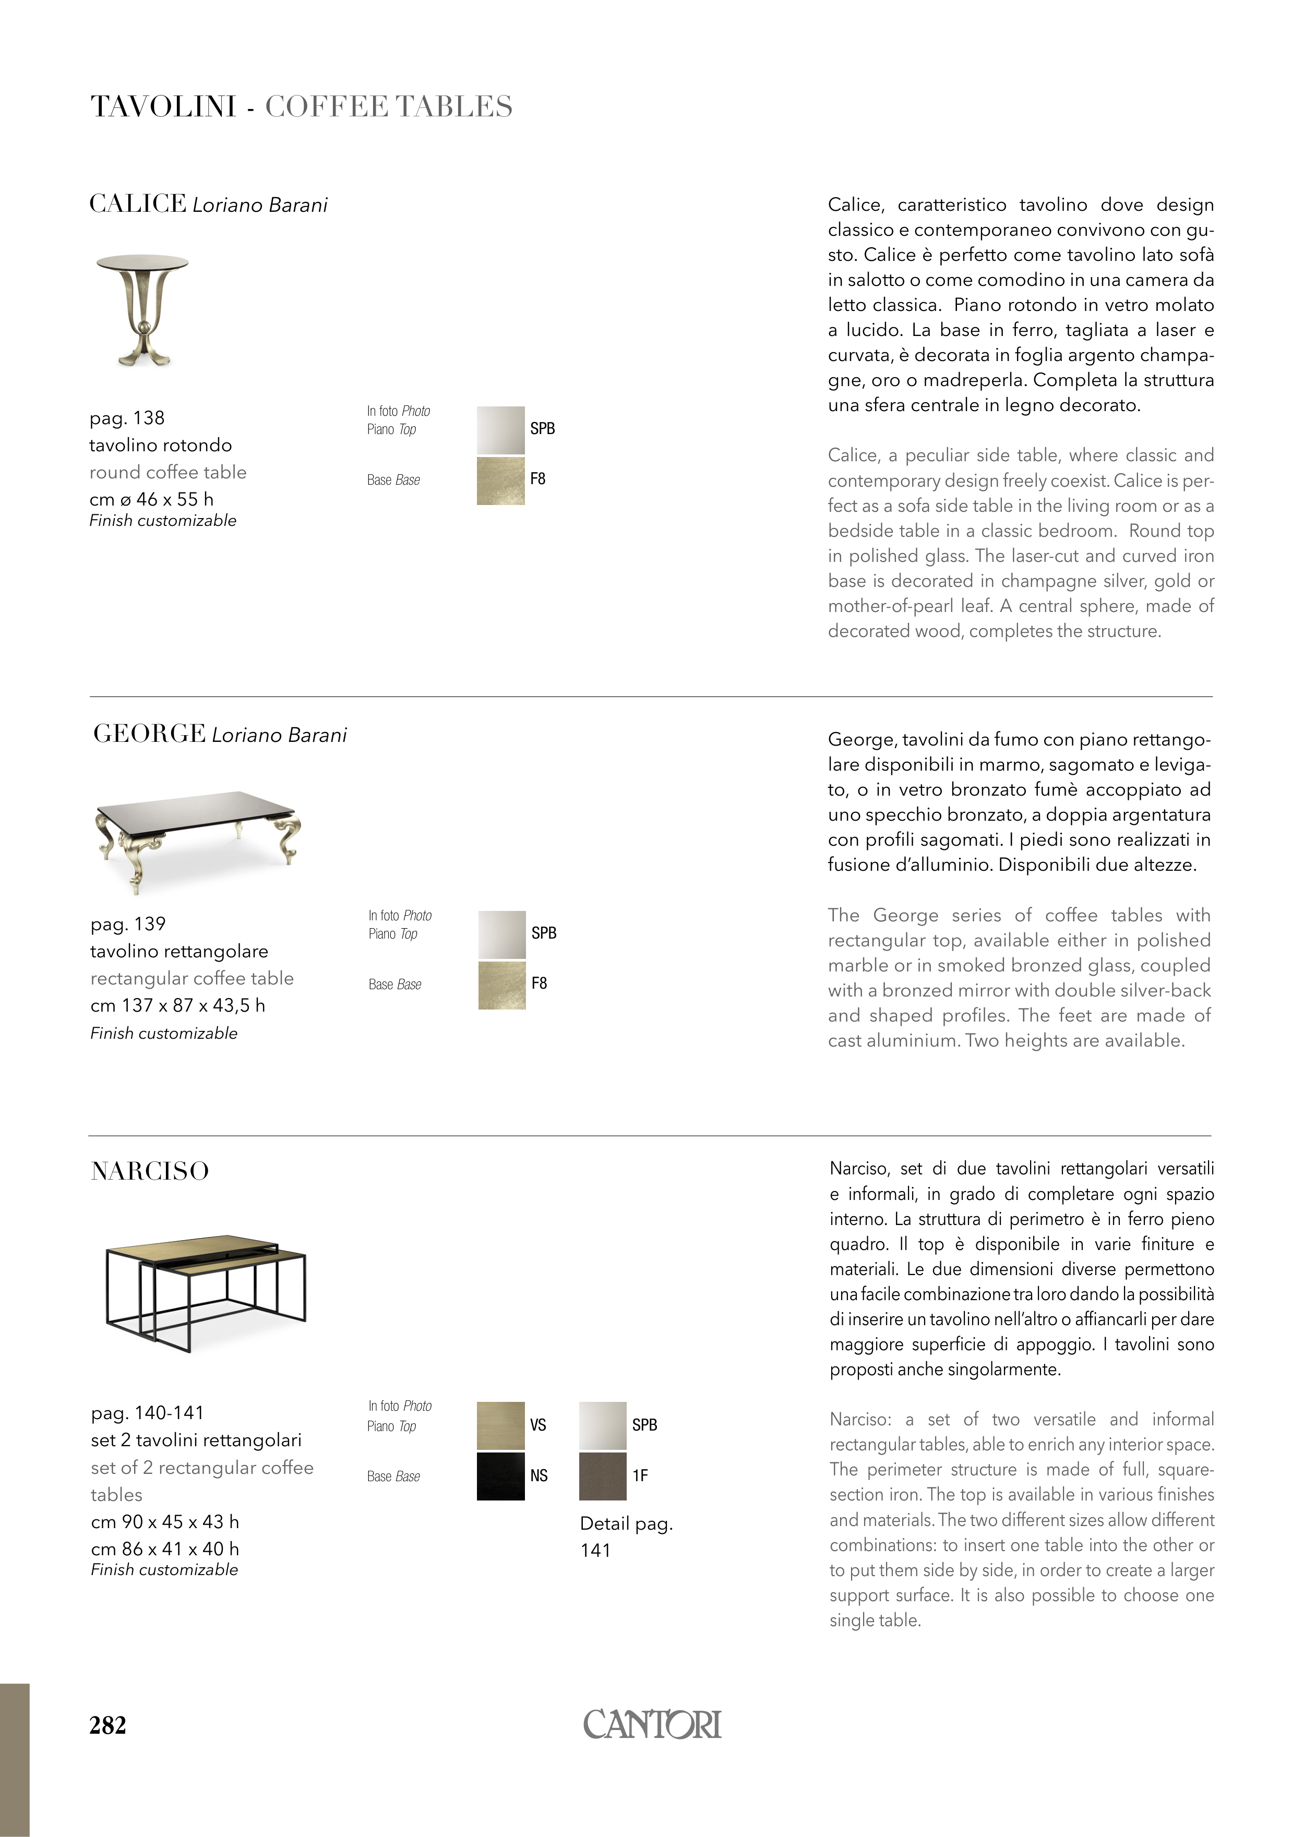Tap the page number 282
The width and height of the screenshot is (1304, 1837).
(x=107, y=1725)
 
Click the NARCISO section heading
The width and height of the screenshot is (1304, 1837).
(x=150, y=1171)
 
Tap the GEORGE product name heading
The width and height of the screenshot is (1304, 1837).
(x=149, y=734)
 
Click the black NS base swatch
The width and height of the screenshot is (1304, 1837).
(x=500, y=1475)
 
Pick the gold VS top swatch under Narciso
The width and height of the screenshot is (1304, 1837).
(x=500, y=1425)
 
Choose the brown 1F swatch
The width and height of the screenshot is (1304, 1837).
(x=602, y=1475)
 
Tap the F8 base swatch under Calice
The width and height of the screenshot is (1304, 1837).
(x=500, y=480)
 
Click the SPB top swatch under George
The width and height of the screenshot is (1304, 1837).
(x=502, y=934)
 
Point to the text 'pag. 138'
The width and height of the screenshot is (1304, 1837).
(x=127, y=417)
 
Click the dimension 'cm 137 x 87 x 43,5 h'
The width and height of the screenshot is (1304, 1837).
(x=177, y=1005)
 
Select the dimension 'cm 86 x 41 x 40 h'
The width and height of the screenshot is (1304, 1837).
(x=164, y=1549)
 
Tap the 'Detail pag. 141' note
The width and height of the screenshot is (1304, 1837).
(x=626, y=1536)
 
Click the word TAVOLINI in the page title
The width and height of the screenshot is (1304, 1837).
(x=163, y=107)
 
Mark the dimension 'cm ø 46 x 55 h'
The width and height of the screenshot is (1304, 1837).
(x=151, y=499)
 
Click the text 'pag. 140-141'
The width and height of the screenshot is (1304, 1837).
(x=148, y=1412)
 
